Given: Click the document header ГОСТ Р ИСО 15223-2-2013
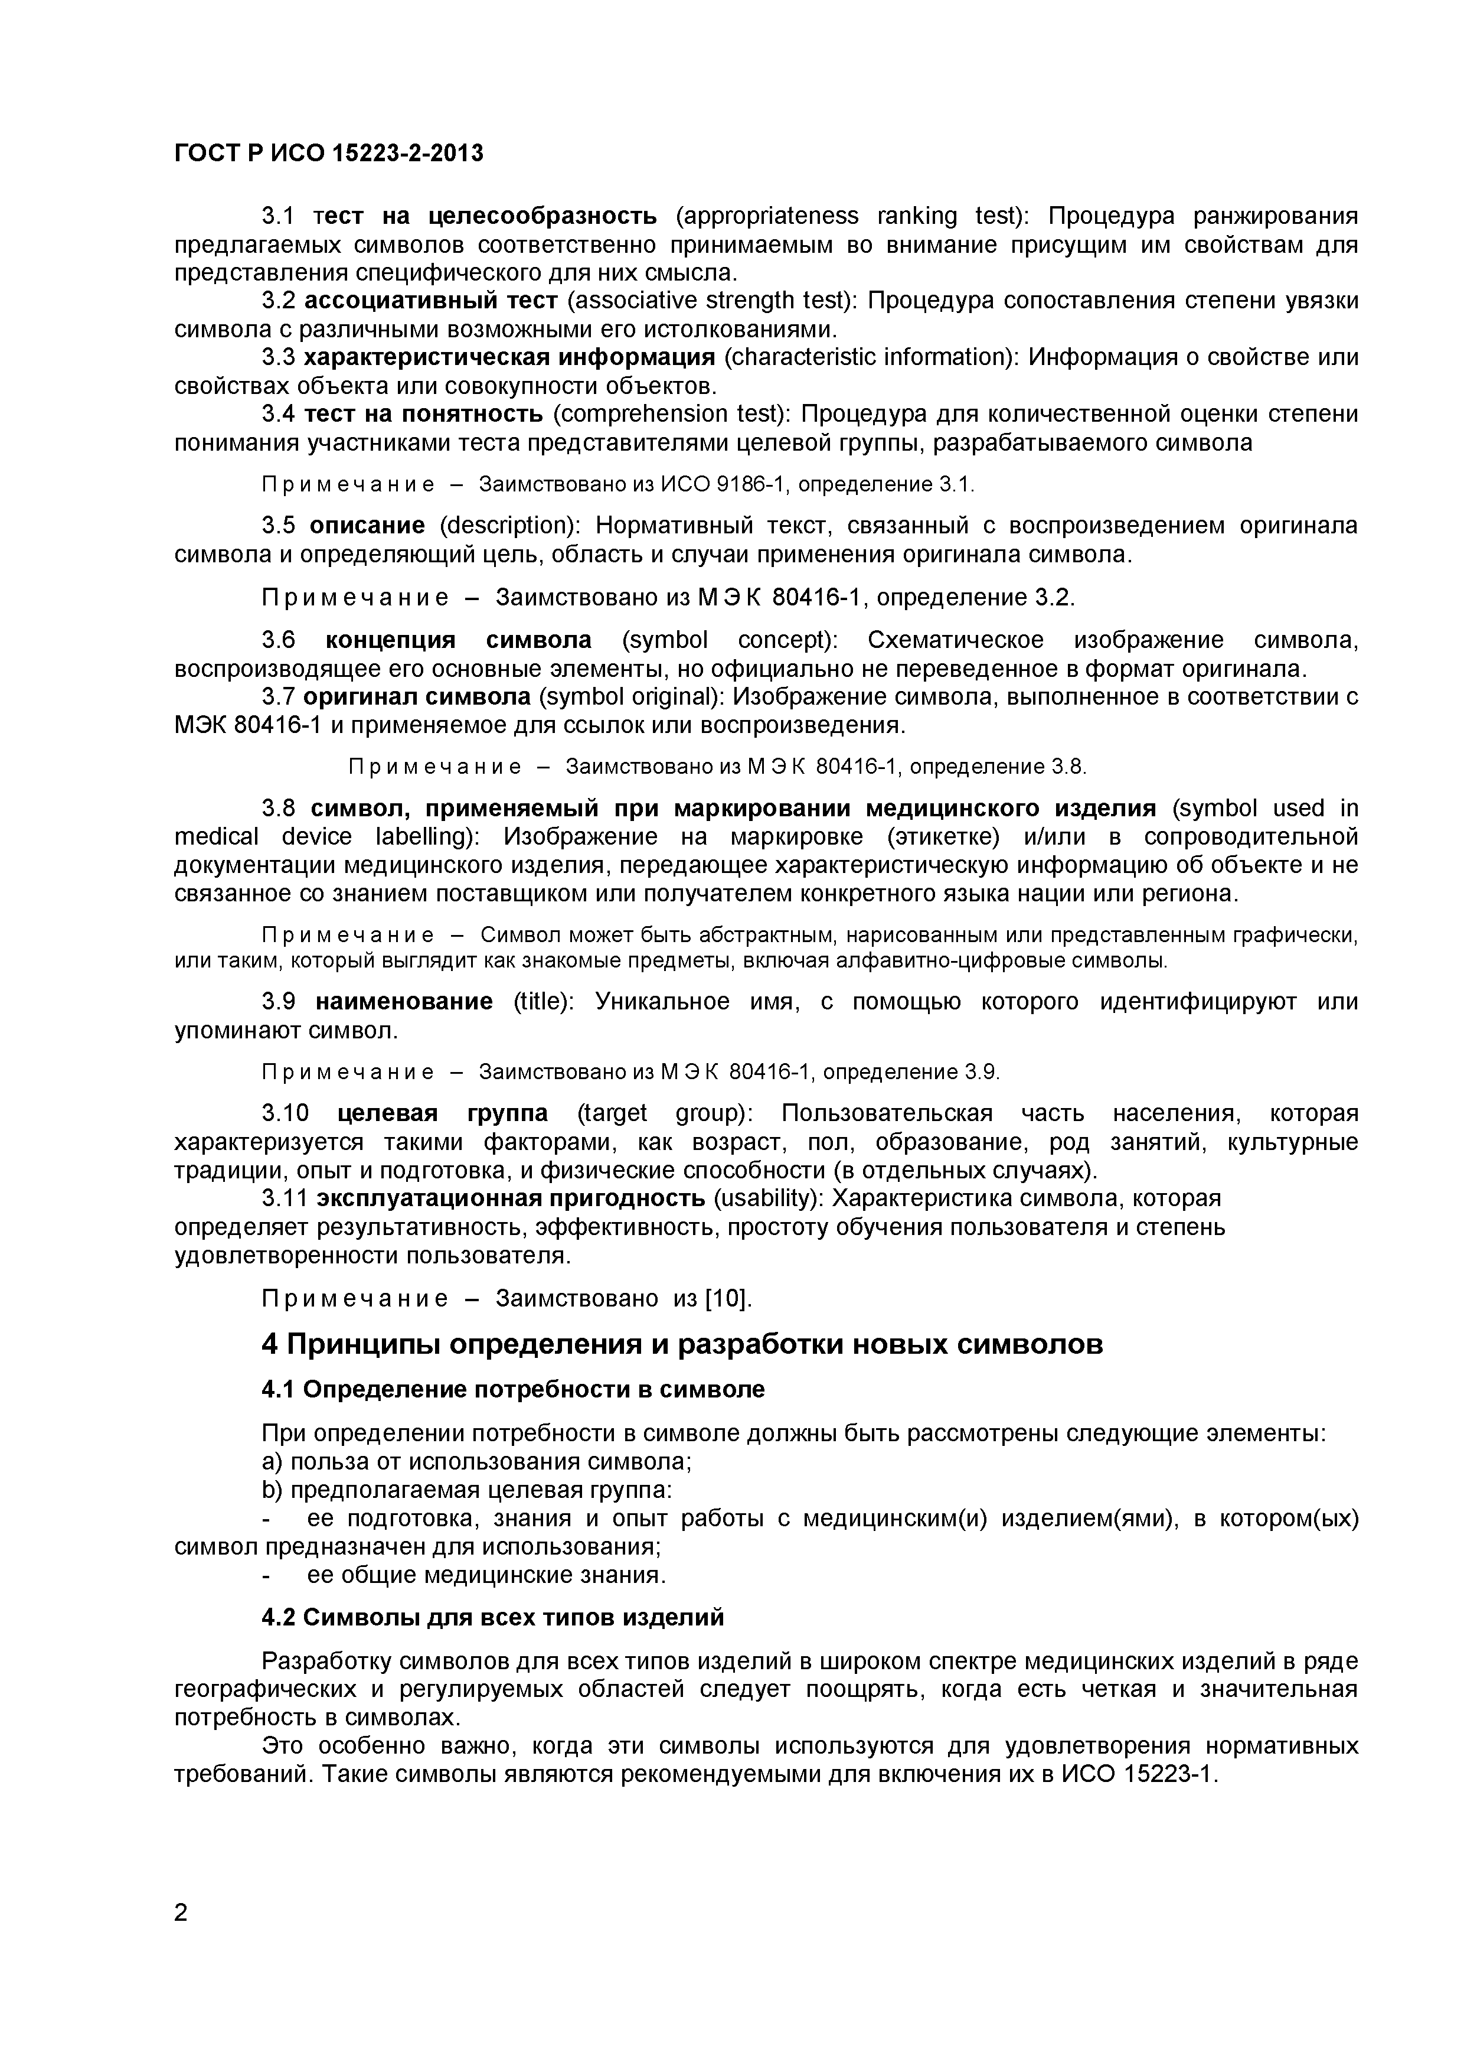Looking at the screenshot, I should [328, 154].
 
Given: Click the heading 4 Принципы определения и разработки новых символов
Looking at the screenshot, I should [682, 1345].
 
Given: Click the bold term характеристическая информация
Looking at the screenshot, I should [509, 357].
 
